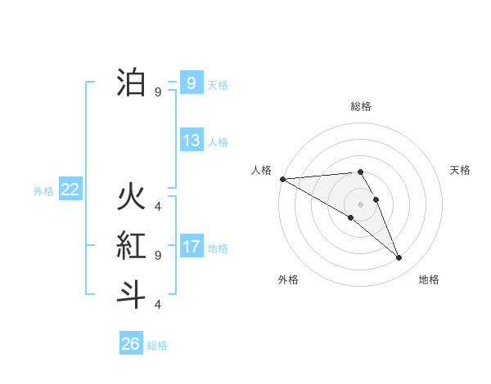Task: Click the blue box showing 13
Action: (191, 141)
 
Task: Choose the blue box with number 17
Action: (191, 247)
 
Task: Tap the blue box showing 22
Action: (70, 190)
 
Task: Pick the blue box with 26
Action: (131, 344)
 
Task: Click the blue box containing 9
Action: (191, 83)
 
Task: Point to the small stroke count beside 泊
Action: (158, 92)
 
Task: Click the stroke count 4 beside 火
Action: (158, 206)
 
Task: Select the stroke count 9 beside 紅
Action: (158, 255)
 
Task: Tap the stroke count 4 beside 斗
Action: (158, 304)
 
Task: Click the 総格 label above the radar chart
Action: (361, 106)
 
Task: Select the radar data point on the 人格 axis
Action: (282, 178)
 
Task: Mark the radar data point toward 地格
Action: (399, 258)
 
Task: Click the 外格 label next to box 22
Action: (43, 191)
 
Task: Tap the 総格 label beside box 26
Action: (157, 346)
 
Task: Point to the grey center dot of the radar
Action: (361, 203)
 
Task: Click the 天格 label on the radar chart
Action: (461, 170)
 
